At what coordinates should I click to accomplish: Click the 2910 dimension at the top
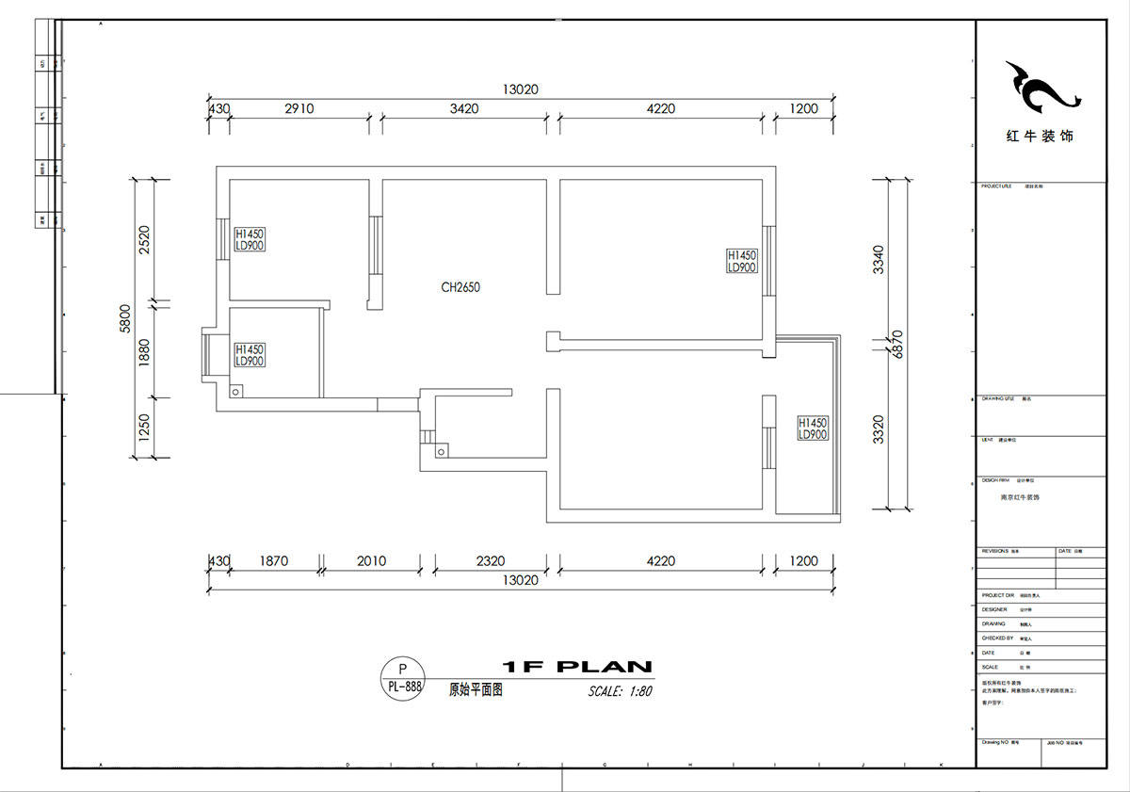point(299,109)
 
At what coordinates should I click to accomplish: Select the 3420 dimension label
point(464,109)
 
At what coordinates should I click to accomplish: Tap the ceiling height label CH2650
point(460,287)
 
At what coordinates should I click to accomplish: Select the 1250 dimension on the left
point(145,428)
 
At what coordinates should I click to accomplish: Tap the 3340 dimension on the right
point(879,259)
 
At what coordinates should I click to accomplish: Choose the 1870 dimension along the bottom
point(273,561)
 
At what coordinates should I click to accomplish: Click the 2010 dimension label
point(372,561)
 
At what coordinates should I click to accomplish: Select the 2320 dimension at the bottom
point(491,561)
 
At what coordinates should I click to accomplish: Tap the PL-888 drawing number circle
point(405,677)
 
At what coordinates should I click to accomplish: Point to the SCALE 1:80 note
point(620,691)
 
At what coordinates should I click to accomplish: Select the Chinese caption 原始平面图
point(476,689)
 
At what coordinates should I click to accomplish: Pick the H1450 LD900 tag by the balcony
point(813,429)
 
